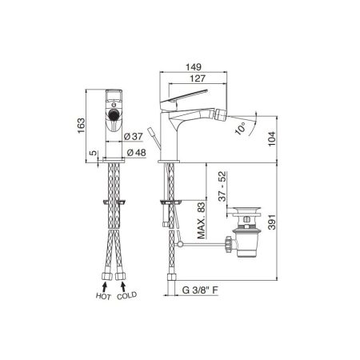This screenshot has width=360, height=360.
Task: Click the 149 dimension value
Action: click(x=194, y=67)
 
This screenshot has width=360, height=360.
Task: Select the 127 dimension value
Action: click(x=198, y=78)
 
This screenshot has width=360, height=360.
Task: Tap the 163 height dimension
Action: click(x=81, y=126)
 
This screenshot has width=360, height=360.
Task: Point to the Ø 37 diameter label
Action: click(x=134, y=136)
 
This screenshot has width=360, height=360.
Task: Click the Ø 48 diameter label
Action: click(x=137, y=153)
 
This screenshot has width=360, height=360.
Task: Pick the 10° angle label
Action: click(x=241, y=128)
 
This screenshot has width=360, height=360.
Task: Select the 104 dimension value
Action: click(x=272, y=138)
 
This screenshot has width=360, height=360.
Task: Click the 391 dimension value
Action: click(x=272, y=222)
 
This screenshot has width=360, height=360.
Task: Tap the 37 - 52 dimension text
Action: click(x=222, y=186)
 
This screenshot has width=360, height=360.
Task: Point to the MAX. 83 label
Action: click(x=202, y=221)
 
